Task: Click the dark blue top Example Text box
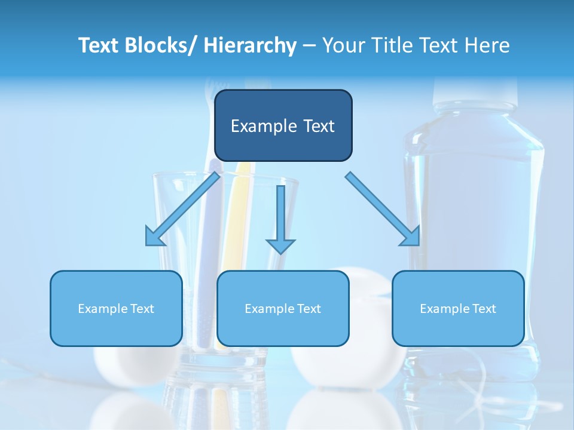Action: tap(283, 125)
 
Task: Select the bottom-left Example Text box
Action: tap(116, 308)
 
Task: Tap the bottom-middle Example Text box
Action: tap(283, 308)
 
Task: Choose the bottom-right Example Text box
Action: tap(458, 308)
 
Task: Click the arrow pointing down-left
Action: tap(183, 208)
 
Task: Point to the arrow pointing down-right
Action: tap(383, 208)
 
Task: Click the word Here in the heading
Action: tap(487, 45)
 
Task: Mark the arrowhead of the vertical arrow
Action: tap(280, 245)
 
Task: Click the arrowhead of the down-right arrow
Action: tap(411, 237)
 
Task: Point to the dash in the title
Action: tap(309, 45)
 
